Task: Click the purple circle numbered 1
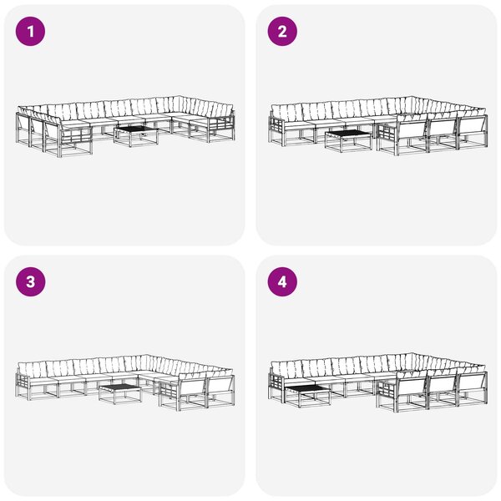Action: [30, 32]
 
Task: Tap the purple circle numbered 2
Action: [282, 32]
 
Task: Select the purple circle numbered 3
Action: [30, 282]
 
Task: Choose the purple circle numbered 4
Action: [282, 282]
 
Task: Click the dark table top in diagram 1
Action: [136, 129]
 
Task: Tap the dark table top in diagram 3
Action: [119, 388]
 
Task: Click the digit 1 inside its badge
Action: [31, 32]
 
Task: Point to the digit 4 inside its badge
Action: [282, 282]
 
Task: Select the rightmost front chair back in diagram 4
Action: [473, 382]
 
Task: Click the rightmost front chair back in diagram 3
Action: [220, 385]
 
